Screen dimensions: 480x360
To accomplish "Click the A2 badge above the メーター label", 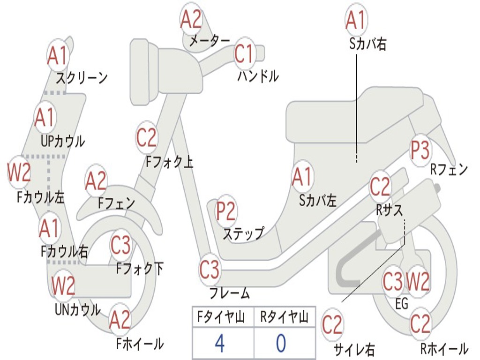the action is [191, 19].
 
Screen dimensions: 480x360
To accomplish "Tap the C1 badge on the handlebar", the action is [245, 54].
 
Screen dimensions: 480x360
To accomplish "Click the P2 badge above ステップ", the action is [225, 211].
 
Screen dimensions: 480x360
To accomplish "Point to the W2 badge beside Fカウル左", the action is [19, 172].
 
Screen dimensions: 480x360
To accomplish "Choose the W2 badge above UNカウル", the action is [63, 285].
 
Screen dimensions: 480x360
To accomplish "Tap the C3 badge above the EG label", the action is [393, 281].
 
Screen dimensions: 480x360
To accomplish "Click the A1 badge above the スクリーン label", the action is [57, 55].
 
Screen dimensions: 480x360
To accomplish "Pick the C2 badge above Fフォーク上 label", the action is [147, 137].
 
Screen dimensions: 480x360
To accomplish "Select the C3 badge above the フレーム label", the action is [210, 269].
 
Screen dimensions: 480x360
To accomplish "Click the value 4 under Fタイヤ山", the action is [220, 343].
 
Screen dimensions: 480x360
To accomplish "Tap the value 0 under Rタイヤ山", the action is [281, 343].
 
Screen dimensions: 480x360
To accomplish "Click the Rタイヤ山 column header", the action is [284, 317].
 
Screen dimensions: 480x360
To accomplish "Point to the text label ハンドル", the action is [258, 76].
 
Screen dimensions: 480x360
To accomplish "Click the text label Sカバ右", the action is [367, 44].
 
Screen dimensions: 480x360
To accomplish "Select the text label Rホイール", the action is [444, 348].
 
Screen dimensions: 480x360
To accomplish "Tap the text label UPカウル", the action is [63, 142].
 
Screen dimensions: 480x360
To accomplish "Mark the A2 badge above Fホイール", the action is [120, 319].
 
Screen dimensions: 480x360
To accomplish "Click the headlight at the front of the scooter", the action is [144, 72].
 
